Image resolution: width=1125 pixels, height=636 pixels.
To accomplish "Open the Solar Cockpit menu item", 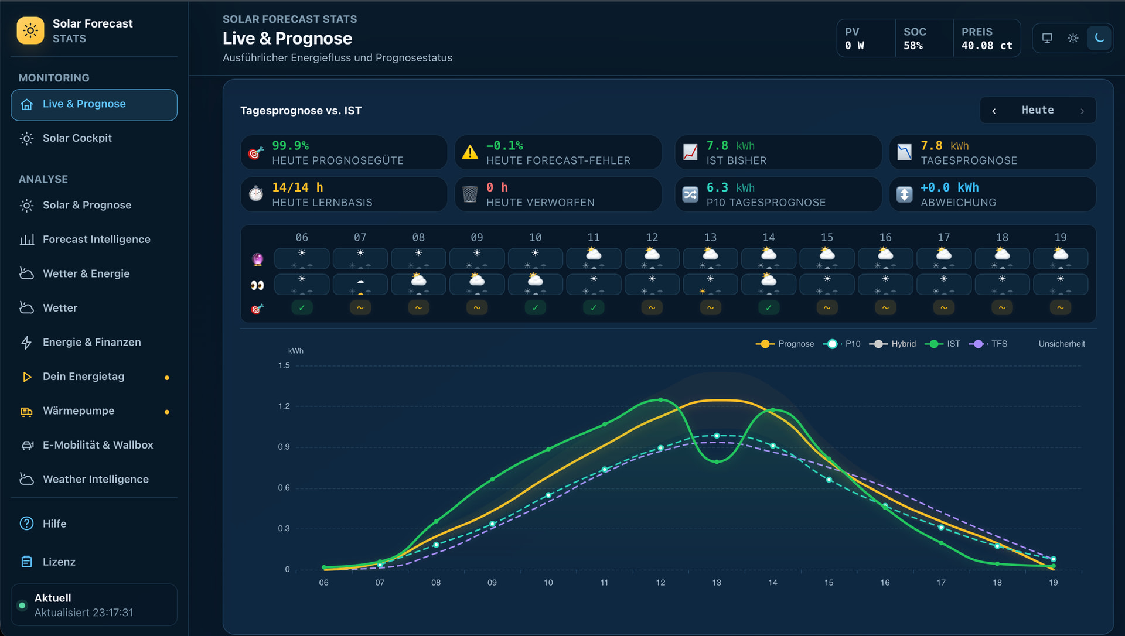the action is (x=77, y=138).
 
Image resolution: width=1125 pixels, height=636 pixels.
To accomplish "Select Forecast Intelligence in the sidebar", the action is (x=96, y=240).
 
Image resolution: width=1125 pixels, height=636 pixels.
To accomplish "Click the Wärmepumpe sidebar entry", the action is (x=79, y=411).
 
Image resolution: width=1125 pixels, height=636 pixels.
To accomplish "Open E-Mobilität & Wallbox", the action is (x=98, y=445).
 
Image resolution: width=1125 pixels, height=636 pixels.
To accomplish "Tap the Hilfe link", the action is (x=54, y=524).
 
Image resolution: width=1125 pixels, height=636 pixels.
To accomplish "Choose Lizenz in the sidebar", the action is (x=59, y=562).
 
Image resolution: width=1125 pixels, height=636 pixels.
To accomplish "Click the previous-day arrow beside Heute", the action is (x=994, y=111).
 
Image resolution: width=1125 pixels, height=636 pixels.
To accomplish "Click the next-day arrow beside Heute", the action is (x=1082, y=111).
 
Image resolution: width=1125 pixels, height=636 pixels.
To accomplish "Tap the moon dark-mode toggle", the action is (x=1099, y=38).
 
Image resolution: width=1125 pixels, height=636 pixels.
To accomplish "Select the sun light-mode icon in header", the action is (x=1073, y=38).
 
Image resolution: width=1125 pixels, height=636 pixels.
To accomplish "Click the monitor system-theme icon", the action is (x=1047, y=38).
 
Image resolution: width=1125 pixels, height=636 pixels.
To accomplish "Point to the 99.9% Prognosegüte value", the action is (x=291, y=146).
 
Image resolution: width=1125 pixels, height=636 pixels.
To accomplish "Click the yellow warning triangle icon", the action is (x=470, y=153).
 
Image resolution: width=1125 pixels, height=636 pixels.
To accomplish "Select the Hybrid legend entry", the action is (x=892, y=344).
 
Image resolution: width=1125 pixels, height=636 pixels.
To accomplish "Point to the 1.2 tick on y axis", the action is (x=284, y=406).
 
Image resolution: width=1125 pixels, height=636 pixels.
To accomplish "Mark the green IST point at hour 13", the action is (x=717, y=462).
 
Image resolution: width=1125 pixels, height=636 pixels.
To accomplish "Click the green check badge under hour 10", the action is (x=536, y=308).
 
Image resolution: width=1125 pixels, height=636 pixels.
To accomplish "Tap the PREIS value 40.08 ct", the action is (x=987, y=46).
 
